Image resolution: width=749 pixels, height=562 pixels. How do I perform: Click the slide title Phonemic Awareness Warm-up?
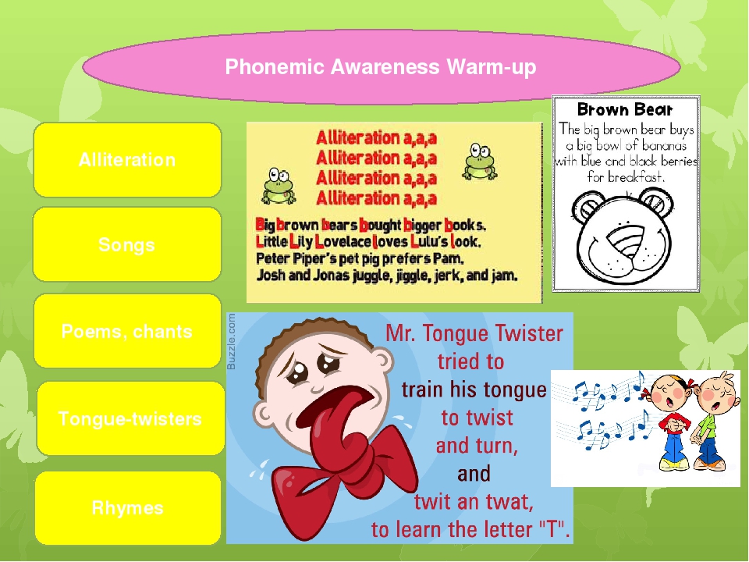tap(381, 68)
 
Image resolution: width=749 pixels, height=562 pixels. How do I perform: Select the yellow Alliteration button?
tap(127, 160)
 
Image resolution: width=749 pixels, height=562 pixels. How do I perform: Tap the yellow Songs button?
tap(127, 245)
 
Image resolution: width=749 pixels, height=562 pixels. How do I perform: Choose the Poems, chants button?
tap(127, 331)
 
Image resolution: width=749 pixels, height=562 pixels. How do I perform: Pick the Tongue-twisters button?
tap(130, 419)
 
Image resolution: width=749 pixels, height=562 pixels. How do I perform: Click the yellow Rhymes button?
tap(128, 508)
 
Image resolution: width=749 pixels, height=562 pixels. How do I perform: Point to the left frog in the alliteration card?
tap(276, 185)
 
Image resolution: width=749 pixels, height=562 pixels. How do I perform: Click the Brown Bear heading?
tap(624, 109)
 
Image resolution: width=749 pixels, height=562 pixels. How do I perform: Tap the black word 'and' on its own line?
tap(474, 474)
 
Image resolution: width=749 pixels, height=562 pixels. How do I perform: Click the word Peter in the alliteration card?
tap(274, 258)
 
